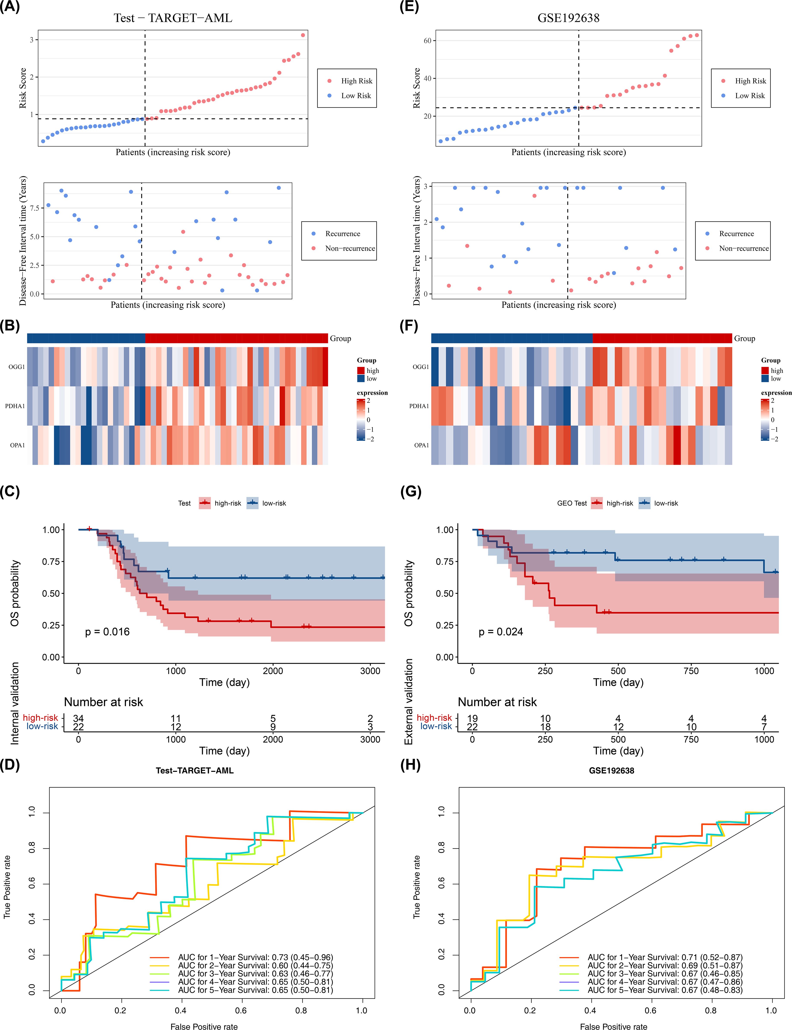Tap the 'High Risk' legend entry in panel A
pos(356,81)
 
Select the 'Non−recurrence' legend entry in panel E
pos(743,248)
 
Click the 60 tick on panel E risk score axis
pos(427,41)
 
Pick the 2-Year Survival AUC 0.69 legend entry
pos(665,965)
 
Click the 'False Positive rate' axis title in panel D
pos(204,1027)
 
